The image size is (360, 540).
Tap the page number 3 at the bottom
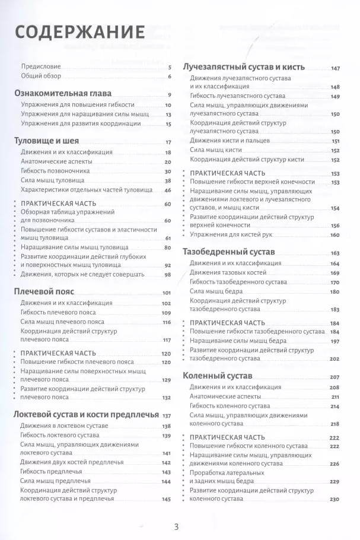(176, 526)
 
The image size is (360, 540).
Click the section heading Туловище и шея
(46, 141)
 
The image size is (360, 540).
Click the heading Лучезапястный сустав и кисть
(243, 67)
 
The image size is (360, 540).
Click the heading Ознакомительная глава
(62, 94)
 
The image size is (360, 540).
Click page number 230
(334, 499)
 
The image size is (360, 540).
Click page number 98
(167, 275)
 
